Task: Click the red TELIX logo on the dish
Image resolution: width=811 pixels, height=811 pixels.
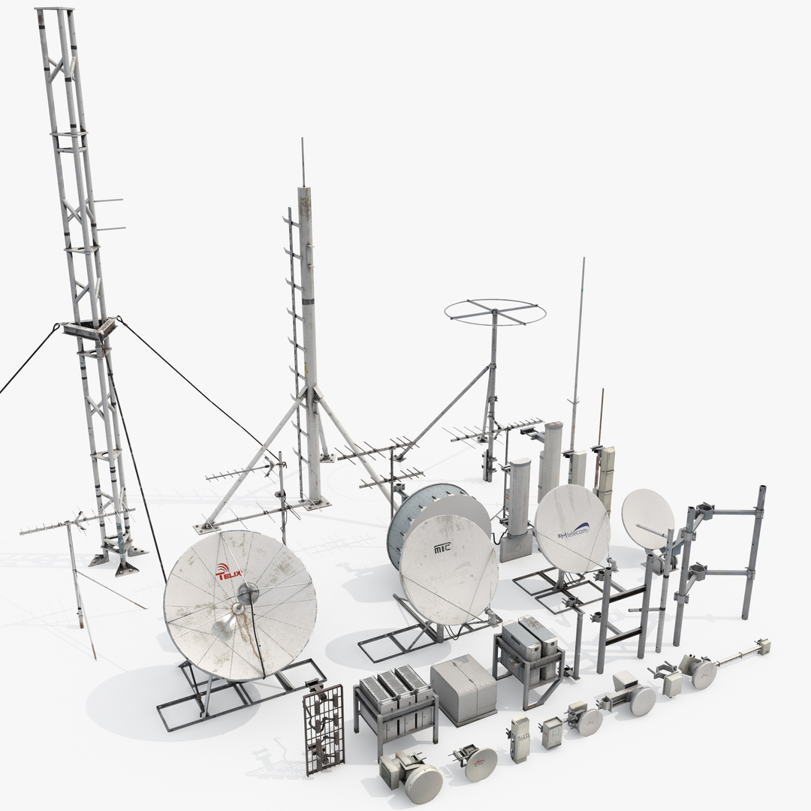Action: [x=228, y=573]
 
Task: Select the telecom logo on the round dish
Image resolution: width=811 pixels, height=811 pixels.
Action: [x=572, y=532]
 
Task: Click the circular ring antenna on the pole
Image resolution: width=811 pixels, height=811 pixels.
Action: [x=495, y=312]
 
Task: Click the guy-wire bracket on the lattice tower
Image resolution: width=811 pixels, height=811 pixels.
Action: [x=89, y=329]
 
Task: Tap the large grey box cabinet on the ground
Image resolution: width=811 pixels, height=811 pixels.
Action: [x=463, y=688]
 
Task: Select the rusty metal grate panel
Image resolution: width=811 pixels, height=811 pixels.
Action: [x=324, y=728]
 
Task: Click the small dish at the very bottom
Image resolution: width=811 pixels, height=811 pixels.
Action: [x=423, y=782]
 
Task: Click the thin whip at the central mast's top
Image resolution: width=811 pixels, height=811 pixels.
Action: [x=303, y=161]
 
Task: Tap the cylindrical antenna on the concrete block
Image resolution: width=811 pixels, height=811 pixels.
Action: [x=519, y=499]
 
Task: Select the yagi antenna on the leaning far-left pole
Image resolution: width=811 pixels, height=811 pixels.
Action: [x=53, y=526]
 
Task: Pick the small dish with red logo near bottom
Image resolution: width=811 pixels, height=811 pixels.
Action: [x=481, y=764]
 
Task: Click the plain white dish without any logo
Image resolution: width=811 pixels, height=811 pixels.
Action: [x=647, y=517]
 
